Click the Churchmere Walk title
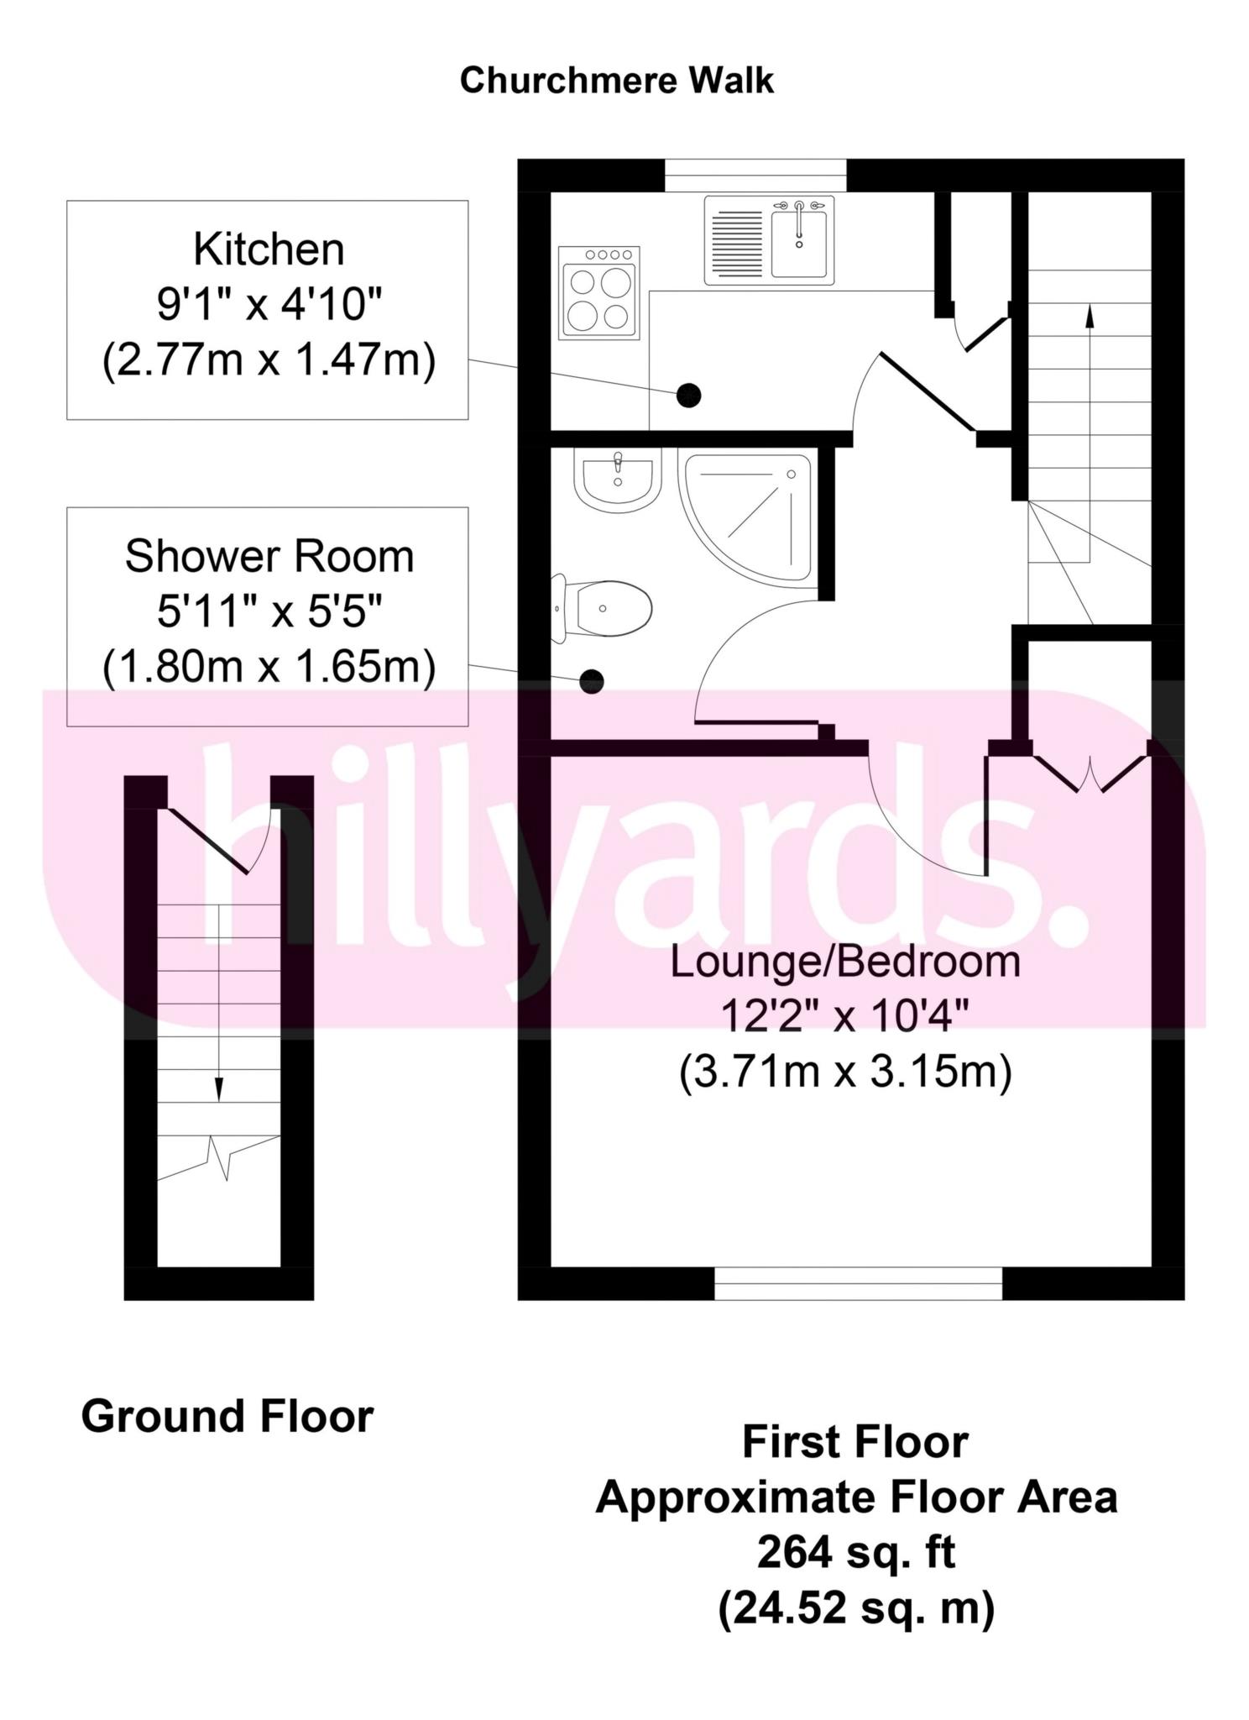coord(616,81)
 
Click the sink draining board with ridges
coord(736,242)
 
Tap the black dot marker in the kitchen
coord(688,395)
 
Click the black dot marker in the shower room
coord(592,681)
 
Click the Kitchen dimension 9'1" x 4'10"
coord(269,307)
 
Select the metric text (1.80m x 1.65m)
coord(269,668)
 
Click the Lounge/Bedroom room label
coord(845,962)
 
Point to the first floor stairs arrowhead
coord(1090,317)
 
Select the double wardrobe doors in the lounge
coord(1089,773)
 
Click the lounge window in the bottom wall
coord(858,1283)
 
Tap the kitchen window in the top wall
coord(755,175)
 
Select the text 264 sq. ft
coord(856,1553)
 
